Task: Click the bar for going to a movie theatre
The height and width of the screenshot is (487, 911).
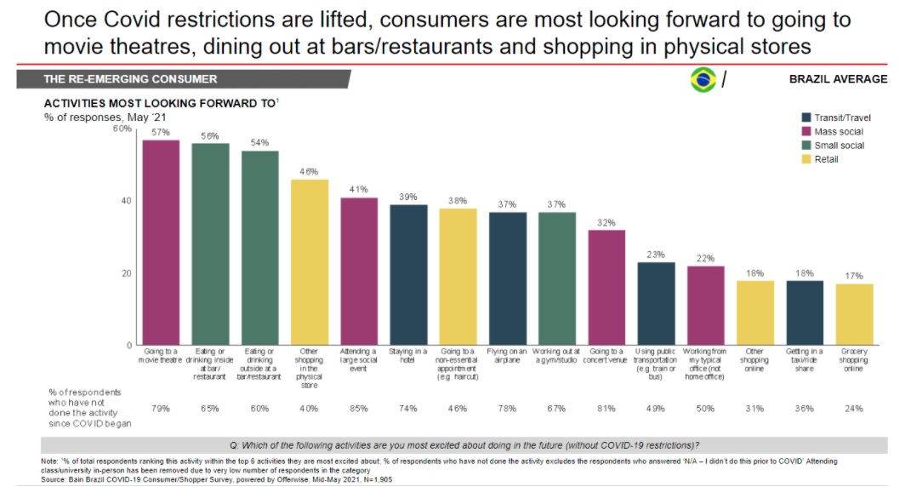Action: coord(161,242)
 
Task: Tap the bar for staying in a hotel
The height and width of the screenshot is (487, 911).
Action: coord(408,274)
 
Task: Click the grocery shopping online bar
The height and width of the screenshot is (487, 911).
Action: coord(854,314)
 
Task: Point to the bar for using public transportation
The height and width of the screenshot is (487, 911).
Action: coord(656,303)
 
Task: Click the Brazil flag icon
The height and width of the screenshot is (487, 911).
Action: coord(703,80)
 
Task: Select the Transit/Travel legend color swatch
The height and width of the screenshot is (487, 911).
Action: coord(806,118)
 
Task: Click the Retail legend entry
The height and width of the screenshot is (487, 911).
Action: coord(826,159)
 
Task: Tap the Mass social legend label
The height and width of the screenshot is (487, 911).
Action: coord(839,132)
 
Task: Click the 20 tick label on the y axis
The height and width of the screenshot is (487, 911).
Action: coord(127,273)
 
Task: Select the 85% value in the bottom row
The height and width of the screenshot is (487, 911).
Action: coord(358,409)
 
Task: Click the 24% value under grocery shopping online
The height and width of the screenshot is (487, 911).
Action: coord(854,409)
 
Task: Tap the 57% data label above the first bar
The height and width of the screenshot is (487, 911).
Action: coord(161,132)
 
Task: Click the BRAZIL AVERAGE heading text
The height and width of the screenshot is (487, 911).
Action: coord(838,79)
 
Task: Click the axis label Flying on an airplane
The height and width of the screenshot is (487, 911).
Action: coord(507,355)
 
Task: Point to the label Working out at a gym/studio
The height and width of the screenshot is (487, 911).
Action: coord(557,355)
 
